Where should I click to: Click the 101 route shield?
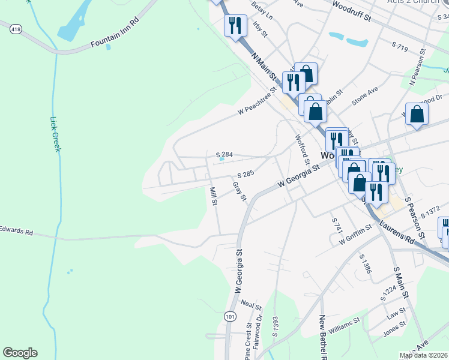pos(229,316)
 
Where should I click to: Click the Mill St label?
pos(213,196)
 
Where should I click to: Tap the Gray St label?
pos(240,190)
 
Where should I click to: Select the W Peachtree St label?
pos(256,101)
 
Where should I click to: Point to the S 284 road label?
pos(224,154)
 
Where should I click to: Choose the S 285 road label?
pos(246,173)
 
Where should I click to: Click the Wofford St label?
pos(302,149)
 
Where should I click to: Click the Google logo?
pos(20,353)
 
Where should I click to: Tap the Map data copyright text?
pos(423,355)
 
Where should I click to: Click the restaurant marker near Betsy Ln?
pos(235,26)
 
